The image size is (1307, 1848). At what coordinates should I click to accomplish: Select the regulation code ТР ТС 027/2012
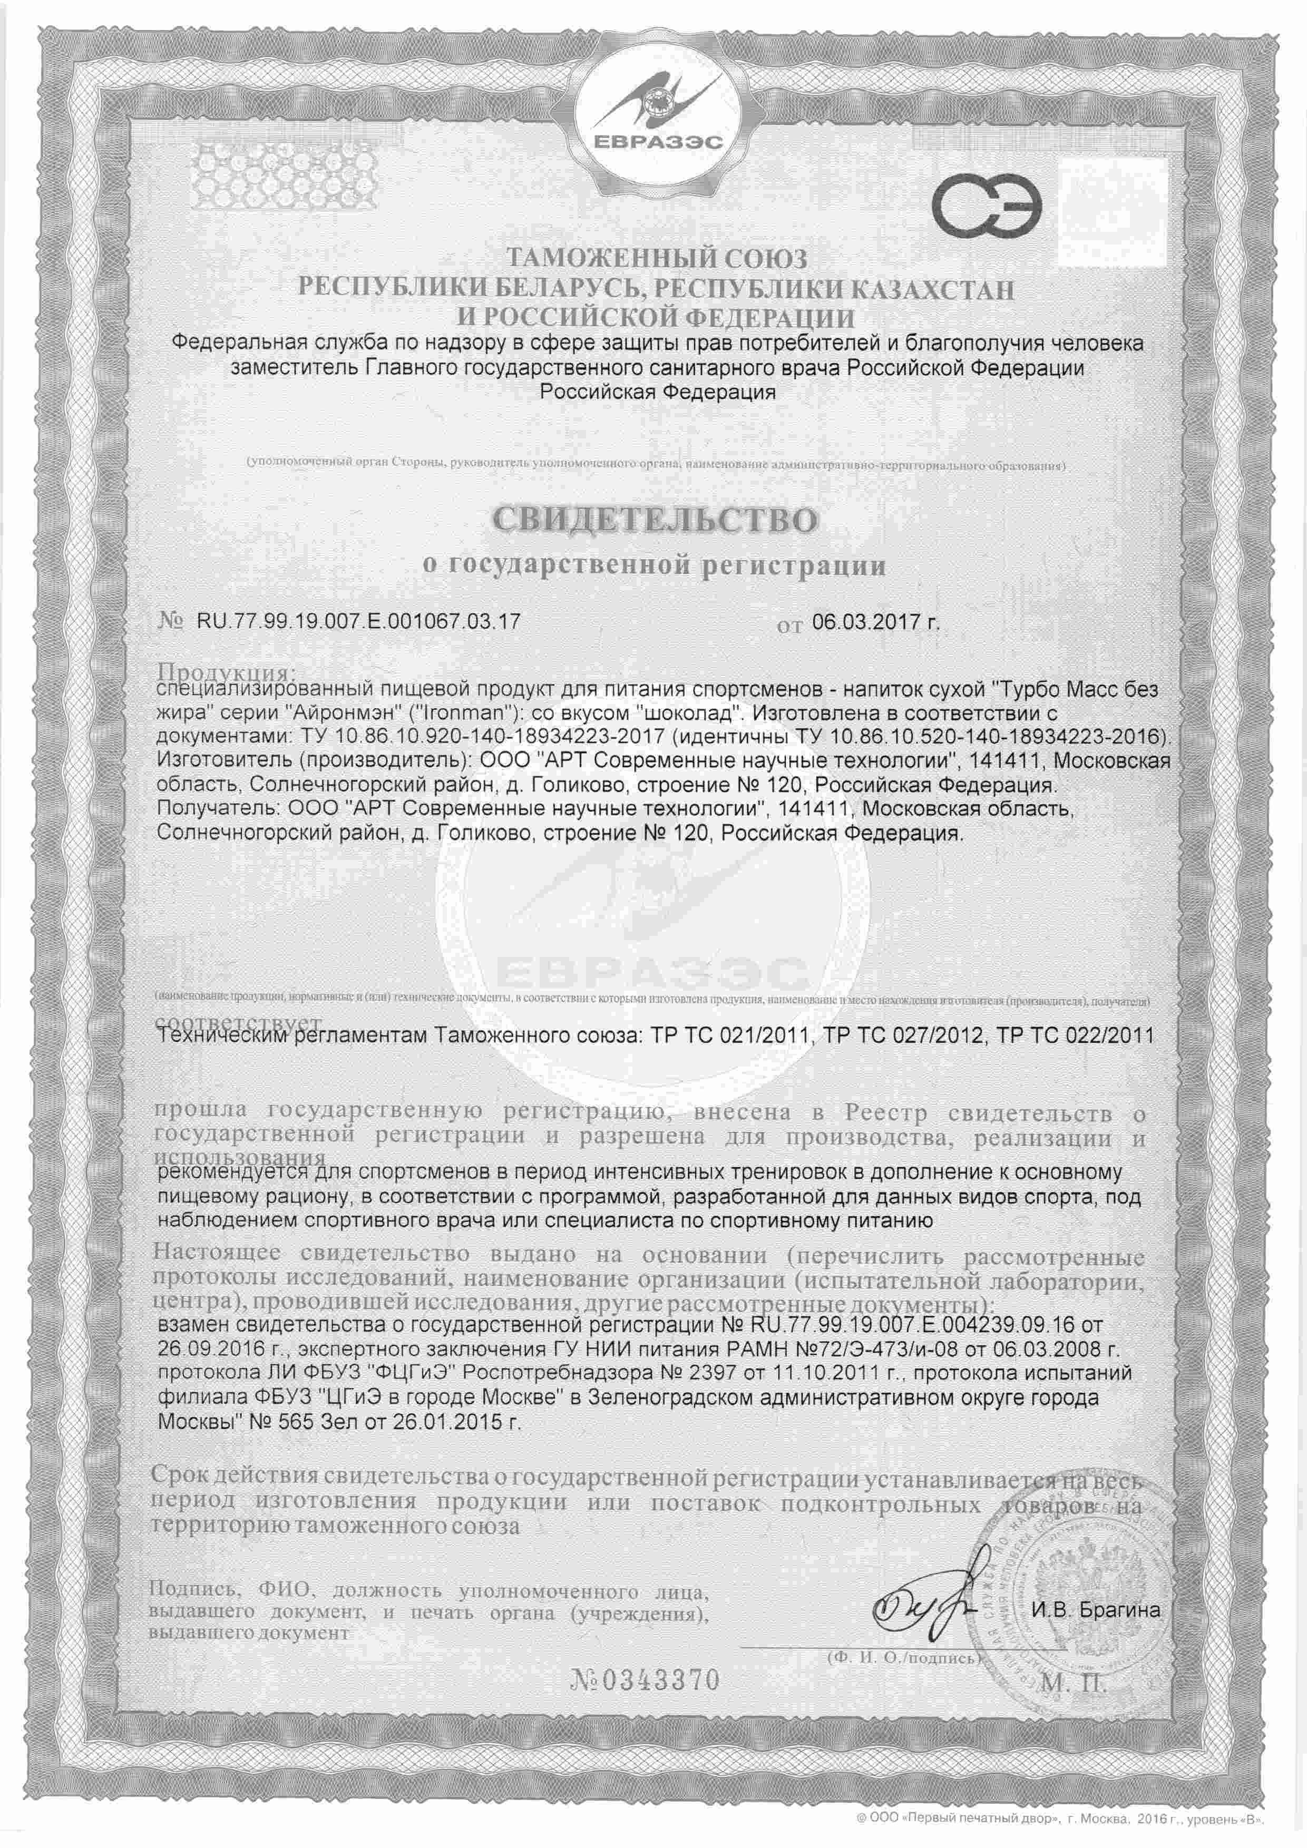pos(901,1034)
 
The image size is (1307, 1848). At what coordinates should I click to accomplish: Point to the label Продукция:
pos(227,672)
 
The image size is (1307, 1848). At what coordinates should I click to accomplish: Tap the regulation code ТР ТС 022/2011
pos(1075,1034)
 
